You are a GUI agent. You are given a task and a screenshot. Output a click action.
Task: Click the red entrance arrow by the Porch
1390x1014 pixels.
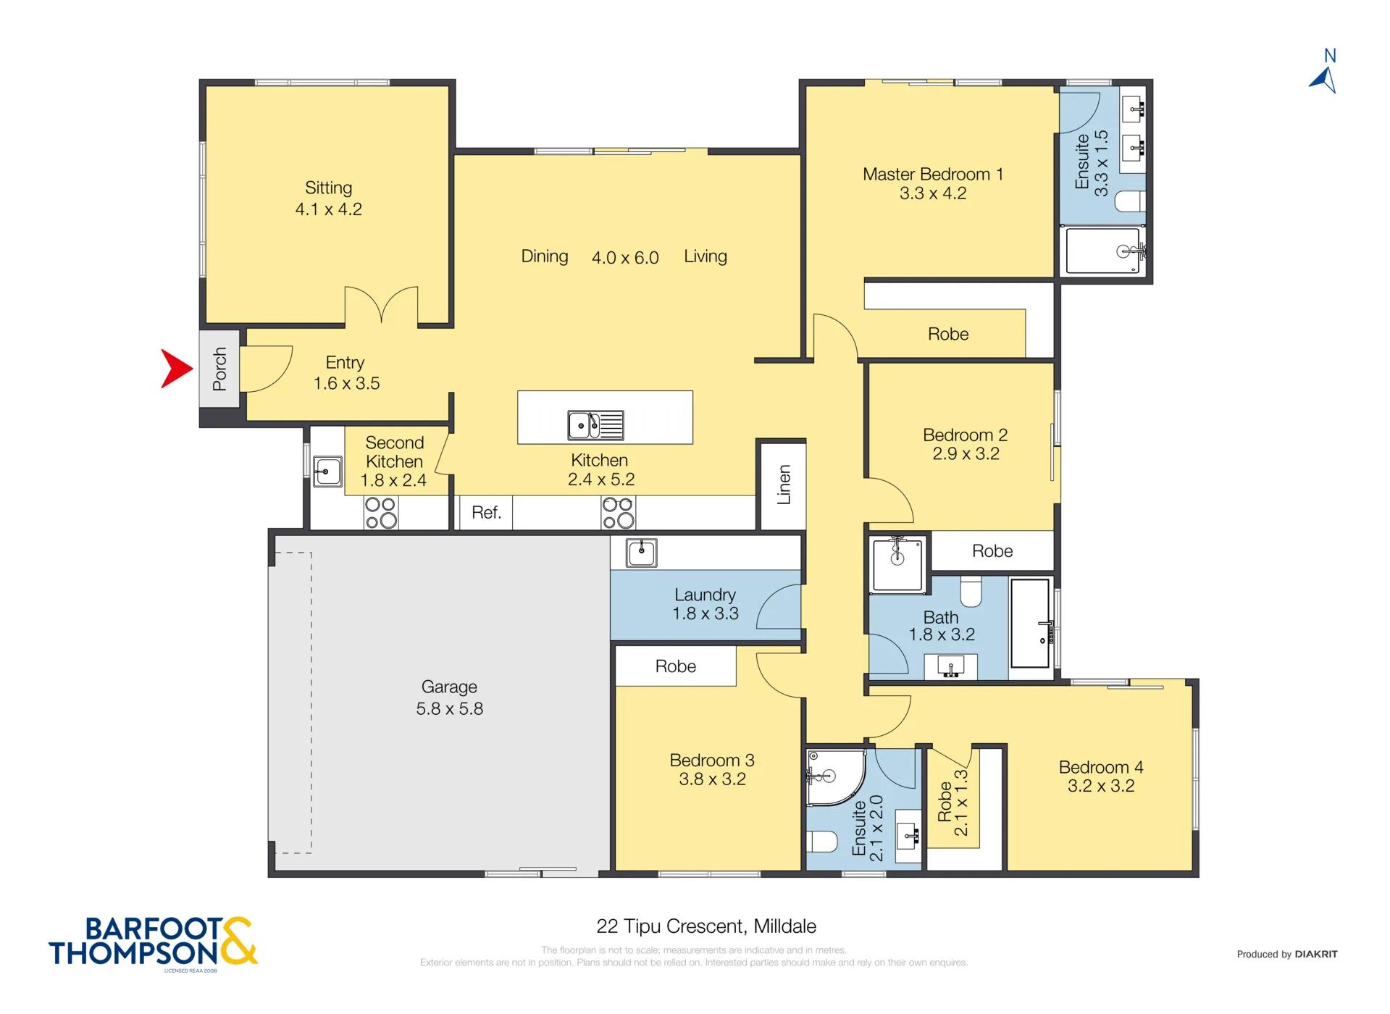coord(177,369)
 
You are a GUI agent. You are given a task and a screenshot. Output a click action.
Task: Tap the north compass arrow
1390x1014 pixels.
coord(1325,80)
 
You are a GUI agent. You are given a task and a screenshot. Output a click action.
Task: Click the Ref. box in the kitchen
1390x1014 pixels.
coord(486,513)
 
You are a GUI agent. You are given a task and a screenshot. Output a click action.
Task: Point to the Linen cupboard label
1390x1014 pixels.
coord(783,484)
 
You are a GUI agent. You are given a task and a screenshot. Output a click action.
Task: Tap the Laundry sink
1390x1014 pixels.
coord(642,553)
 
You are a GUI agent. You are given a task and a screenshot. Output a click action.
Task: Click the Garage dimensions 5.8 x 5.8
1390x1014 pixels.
coord(449,709)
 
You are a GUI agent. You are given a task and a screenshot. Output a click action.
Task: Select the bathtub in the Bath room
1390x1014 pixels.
coord(1030,622)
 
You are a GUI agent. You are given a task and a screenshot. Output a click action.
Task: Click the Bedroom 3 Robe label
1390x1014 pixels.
coord(675,666)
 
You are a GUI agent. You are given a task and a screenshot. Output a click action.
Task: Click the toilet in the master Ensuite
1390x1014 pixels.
coord(1129,201)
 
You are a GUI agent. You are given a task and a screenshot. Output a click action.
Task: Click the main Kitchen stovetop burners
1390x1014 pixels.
coord(618,513)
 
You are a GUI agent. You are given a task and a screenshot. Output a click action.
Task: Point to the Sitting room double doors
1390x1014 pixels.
coord(381,305)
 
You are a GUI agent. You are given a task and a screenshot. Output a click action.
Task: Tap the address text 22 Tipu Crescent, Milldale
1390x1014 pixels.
coord(706,926)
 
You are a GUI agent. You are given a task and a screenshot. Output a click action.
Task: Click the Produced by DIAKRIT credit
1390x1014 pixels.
coord(1286,955)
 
